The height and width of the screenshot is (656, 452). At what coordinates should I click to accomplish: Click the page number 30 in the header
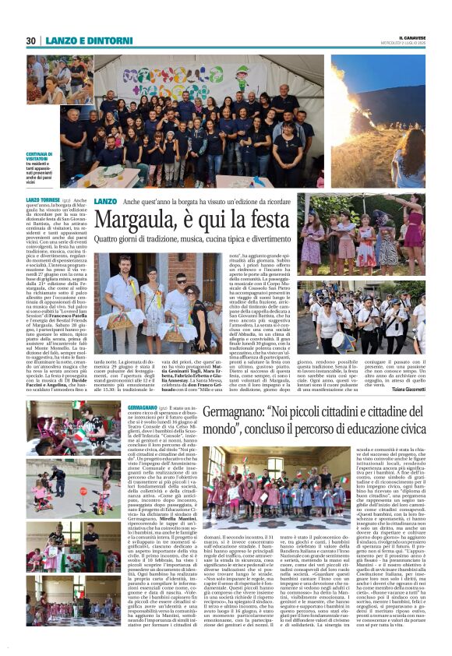[x=31, y=41]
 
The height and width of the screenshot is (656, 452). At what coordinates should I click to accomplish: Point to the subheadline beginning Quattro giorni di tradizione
[x=200, y=242]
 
